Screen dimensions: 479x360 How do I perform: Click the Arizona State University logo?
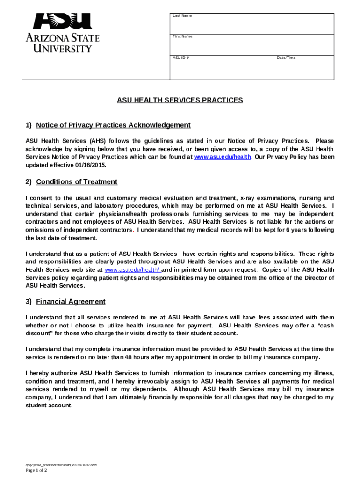pos(62,33)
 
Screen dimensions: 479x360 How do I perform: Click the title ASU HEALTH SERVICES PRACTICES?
pos(180,100)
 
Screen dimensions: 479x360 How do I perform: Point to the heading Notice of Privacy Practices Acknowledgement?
pos(113,125)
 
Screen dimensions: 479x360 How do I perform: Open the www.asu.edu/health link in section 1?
pos(223,157)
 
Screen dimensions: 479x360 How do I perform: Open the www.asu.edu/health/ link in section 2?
pos(133,270)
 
